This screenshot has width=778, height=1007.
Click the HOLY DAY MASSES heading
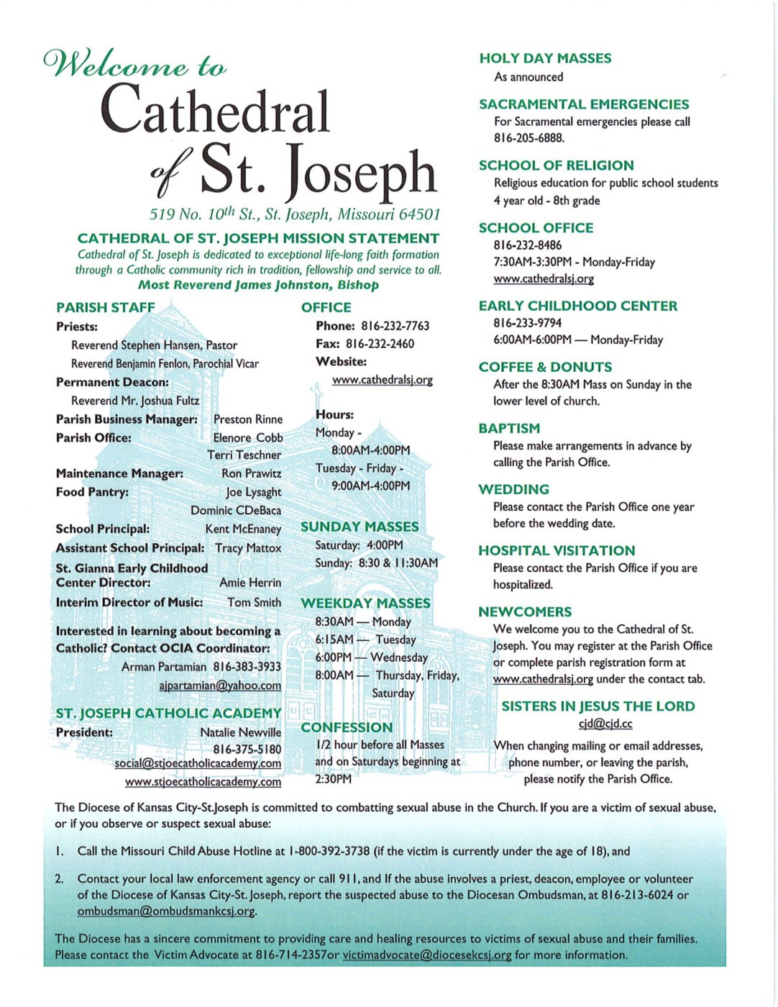[x=545, y=58]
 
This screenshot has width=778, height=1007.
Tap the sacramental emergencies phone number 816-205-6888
[x=528, y=138]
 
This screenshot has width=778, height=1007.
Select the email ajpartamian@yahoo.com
[x=220, y=685]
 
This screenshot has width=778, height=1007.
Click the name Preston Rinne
[x=248, y=419]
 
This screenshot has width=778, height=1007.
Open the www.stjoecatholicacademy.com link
[x=203, y=782]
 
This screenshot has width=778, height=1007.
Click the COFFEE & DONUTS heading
[x=545, y=367]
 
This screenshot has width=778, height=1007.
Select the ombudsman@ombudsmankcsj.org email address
[x=166, y=911]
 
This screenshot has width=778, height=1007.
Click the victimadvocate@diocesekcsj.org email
[x=427, y=955]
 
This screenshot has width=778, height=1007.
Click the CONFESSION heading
[x=347, y=727]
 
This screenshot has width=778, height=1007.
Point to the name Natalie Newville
[x=240, y=732]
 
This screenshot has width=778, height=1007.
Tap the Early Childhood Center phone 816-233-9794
[x=527, y=323]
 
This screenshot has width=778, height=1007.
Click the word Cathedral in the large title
[x=215, y=110]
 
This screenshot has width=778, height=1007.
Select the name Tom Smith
[x=254, y=602]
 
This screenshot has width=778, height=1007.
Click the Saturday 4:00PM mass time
[x=359, y=545]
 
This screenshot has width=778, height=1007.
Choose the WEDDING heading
[x=513, y=489]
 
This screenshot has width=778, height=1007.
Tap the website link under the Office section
[x=382, y=380]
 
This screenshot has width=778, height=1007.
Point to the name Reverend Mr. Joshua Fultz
[x=135, y=401]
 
